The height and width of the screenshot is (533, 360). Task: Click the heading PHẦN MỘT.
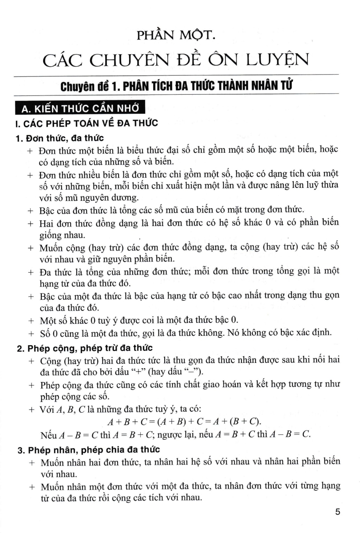point(180,35)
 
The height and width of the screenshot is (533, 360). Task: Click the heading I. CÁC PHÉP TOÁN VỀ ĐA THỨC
point(87,123)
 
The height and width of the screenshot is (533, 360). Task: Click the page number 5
point(337,512)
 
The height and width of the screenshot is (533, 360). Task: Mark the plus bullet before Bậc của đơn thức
point(31,210)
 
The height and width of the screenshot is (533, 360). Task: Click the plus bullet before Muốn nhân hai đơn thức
point(31,462)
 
